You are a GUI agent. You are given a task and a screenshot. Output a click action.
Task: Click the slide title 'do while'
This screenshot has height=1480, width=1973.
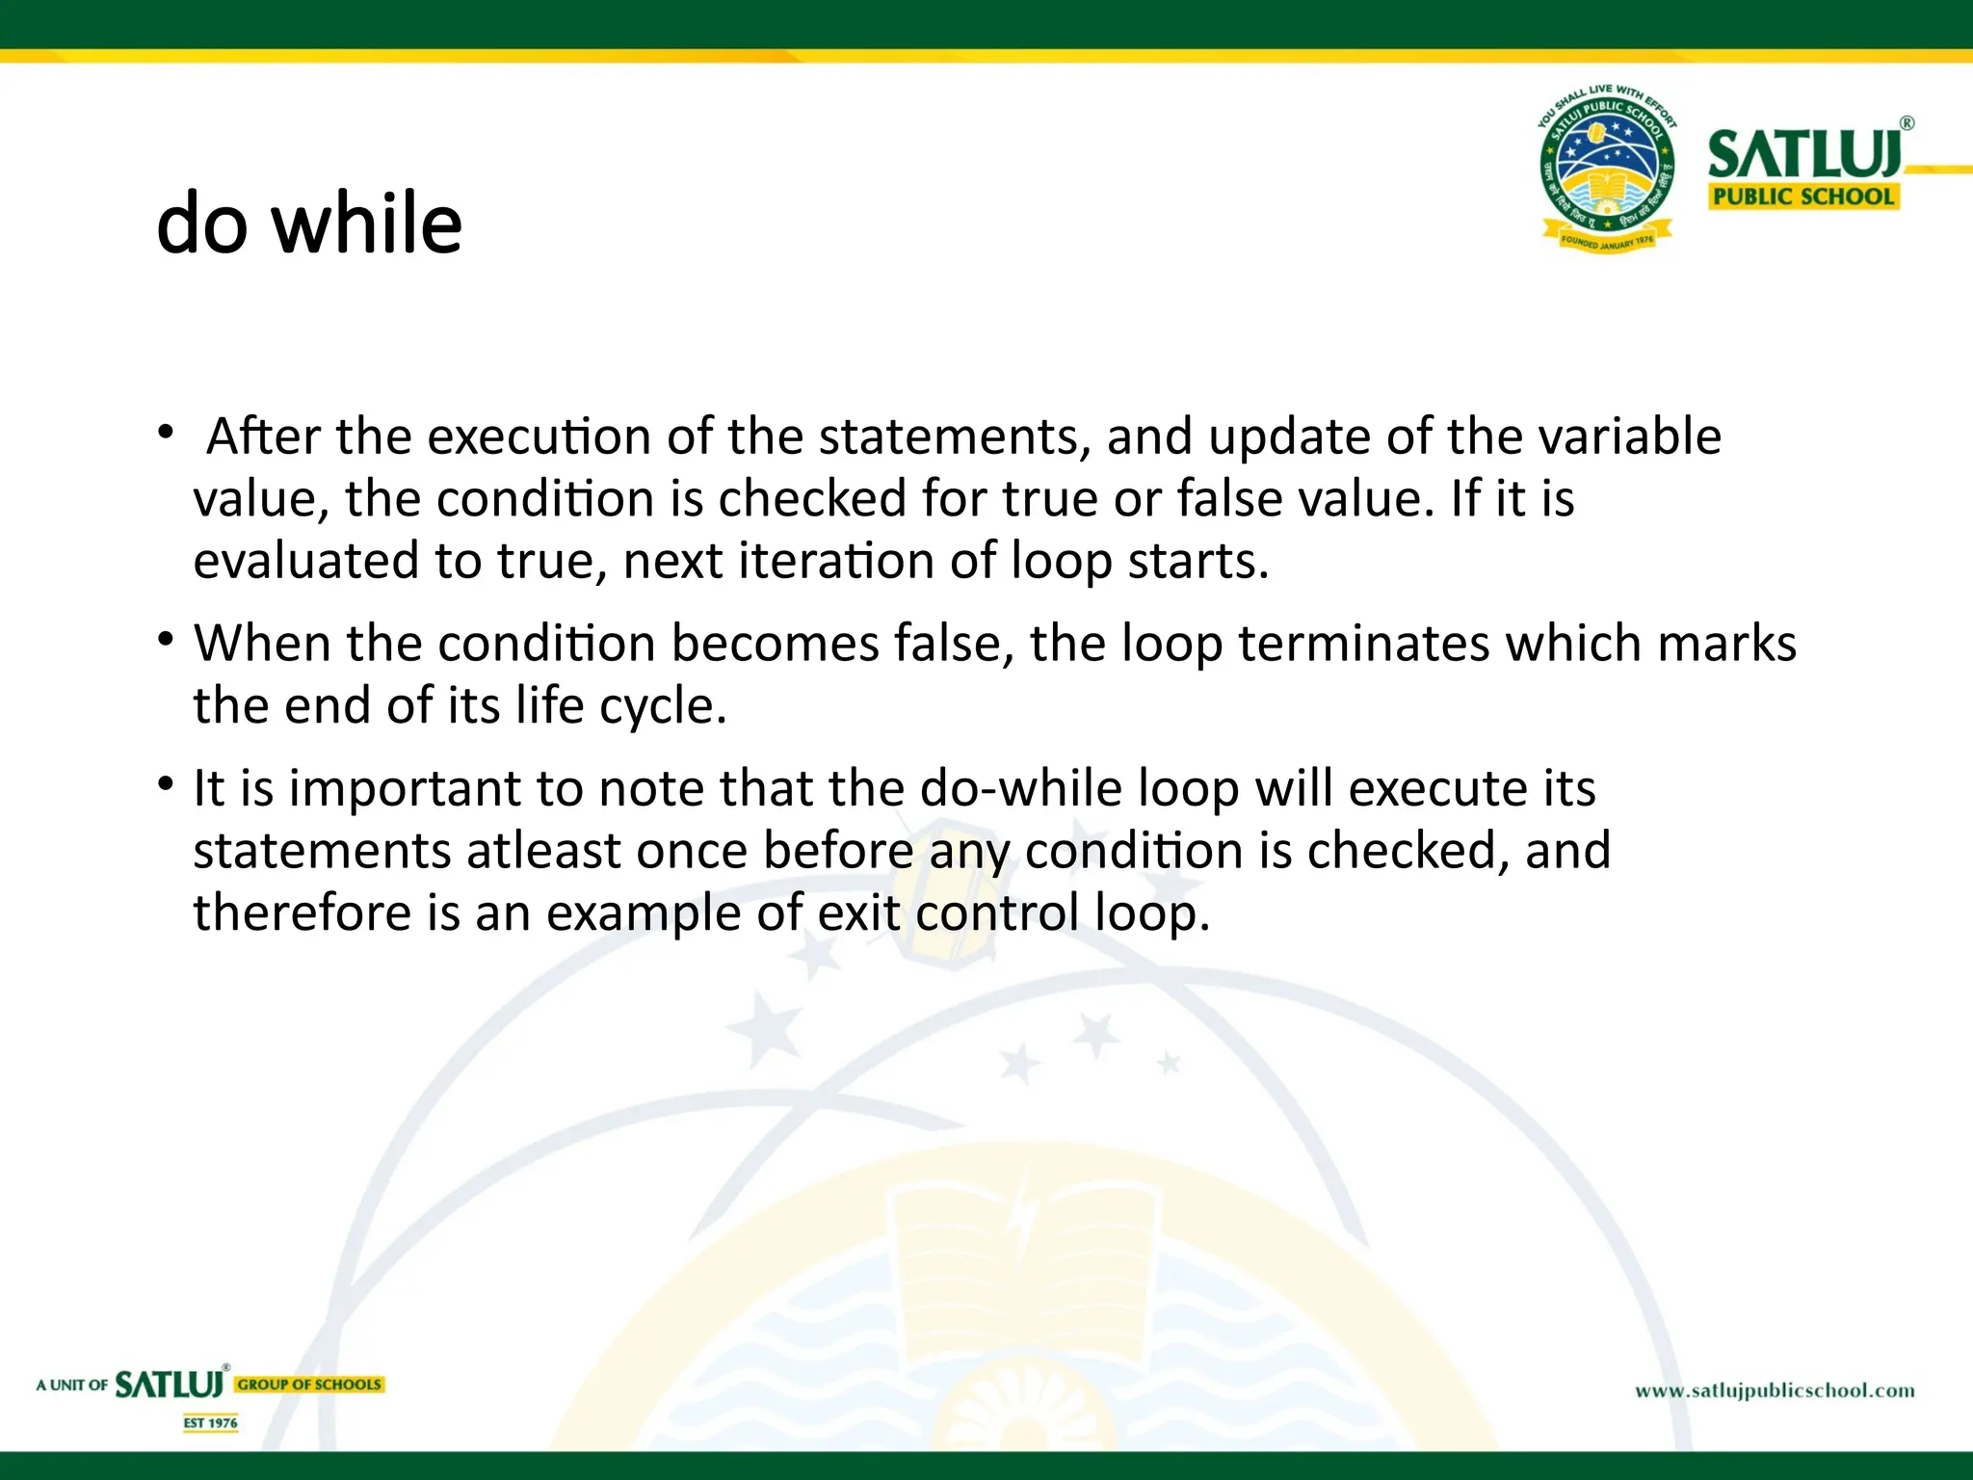point(309,224)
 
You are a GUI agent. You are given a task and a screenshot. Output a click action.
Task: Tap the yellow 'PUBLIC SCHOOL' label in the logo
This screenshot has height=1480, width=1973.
point(1802,197)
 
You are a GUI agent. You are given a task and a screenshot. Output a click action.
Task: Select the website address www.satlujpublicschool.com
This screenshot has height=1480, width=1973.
point(1775,1390)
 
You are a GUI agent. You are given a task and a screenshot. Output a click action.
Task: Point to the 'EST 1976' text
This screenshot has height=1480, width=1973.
point(211,1422)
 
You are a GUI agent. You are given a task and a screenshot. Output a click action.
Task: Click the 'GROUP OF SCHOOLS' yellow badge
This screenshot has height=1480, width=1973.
point(309,1385)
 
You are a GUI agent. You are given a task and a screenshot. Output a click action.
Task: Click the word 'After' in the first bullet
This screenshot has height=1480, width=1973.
point(263,436)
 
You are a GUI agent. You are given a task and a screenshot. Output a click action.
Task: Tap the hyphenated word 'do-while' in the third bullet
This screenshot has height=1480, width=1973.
point(1021,788)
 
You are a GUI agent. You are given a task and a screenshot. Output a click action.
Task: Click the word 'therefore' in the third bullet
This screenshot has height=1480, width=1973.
point(302,912)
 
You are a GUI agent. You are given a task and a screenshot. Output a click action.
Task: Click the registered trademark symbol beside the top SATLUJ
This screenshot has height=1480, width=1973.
point(1907,123)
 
